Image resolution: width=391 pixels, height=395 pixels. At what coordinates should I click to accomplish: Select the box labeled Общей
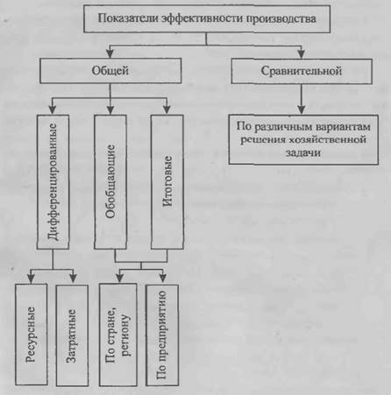[110, 71]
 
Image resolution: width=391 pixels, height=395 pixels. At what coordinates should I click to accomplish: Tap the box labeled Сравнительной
[302, 71]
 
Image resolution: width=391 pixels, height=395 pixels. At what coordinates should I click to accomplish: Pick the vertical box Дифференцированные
[53, 182]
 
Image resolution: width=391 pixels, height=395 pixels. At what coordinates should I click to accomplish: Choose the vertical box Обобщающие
[110, 182]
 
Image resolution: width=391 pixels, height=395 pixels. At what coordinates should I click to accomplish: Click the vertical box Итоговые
[167, 182]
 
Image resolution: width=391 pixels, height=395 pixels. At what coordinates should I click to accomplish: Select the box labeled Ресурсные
[31, 335]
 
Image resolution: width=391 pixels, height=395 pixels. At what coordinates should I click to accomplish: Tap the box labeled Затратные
[72, 335]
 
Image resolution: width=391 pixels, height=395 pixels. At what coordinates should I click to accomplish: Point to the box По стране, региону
[118, 335]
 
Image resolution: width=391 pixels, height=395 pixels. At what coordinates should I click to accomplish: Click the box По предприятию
[162, 335]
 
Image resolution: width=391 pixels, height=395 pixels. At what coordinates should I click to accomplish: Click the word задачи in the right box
[303, 152]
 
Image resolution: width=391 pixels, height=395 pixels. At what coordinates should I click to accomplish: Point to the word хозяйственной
[328, 139]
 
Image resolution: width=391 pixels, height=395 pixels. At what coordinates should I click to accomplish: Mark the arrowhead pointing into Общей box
[110, 53]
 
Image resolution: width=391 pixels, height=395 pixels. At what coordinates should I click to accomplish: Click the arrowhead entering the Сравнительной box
[301, 53]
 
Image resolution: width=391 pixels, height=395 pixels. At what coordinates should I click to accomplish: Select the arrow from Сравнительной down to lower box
[302, 99]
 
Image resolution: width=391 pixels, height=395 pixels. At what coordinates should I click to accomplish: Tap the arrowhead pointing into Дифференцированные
[53, 109]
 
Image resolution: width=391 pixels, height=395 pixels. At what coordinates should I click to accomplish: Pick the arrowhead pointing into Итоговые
[167, 109]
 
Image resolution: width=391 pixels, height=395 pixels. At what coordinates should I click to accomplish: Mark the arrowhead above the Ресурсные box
[31, 279]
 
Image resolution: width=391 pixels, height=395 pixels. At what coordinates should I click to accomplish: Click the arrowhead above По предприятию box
[163, 279]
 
